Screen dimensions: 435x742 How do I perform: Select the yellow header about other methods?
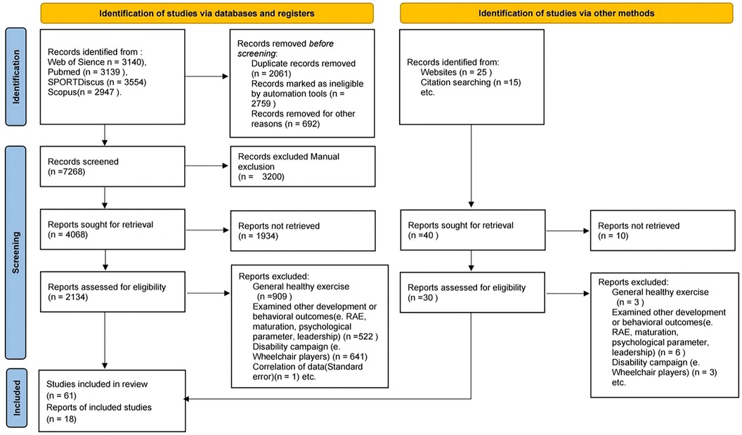tap(566, 13)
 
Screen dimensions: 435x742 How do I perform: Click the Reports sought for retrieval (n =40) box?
tap(471, 231)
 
